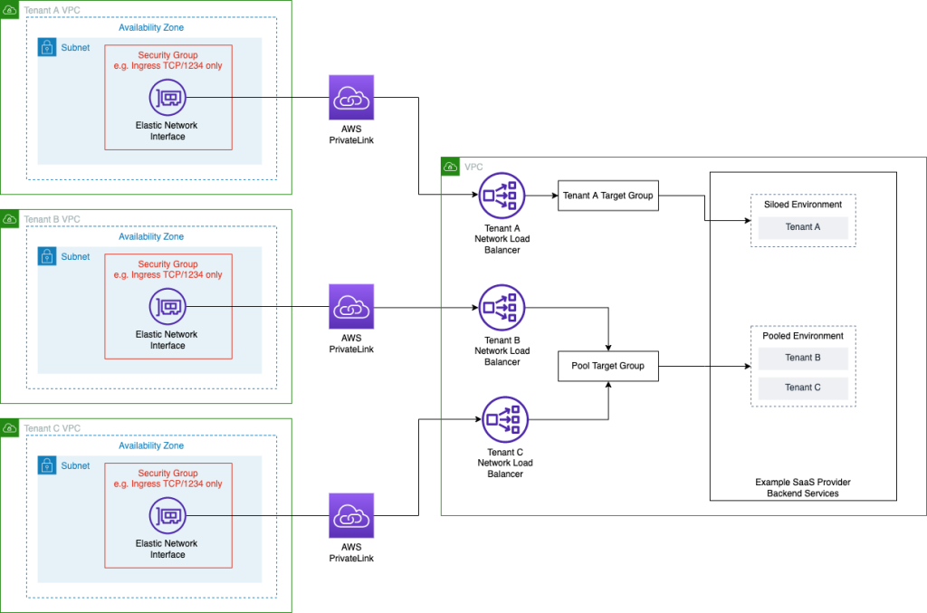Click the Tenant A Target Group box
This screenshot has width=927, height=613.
coord(607,196)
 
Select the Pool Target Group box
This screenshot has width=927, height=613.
coord(607,367)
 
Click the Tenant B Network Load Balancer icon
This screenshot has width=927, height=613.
coord(502,308)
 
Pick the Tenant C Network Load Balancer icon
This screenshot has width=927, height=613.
coord(504,419)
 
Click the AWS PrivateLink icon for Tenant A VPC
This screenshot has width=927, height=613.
coord(351,97)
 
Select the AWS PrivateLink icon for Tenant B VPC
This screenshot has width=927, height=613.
coord(351,307)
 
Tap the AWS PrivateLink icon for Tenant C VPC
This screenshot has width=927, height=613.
coord(351,516)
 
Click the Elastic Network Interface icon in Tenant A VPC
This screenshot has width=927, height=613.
coord(167,97)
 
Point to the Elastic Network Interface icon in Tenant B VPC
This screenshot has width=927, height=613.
coord(167,307)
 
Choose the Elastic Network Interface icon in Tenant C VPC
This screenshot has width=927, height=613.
coord(167,516)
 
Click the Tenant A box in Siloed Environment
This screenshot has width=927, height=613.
coord(803,227)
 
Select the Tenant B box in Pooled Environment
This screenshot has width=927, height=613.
coord(803,358)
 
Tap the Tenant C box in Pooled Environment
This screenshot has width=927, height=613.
coord(803,388)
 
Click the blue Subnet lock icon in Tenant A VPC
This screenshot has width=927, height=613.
coord(47,47)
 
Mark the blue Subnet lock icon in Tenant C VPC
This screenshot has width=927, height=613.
coord(47,465)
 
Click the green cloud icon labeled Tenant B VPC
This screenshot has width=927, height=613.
coord(10,219)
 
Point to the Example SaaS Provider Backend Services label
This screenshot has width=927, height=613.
coord(802,488)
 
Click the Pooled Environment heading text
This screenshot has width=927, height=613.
coord(803,336)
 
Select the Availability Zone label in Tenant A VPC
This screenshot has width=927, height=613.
coord(151,28)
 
